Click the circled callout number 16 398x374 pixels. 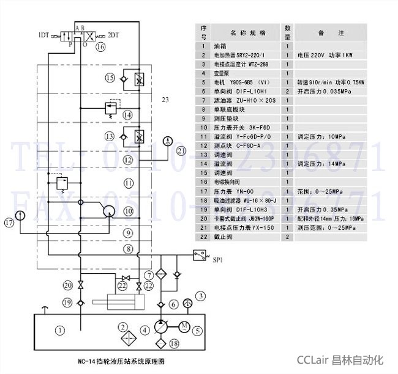click(100, 46)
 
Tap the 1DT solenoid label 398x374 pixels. click(43, 34)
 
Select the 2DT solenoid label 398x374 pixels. click(115, 34)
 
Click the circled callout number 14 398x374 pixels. click(127, 114)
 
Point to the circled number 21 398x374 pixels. click(180, 151)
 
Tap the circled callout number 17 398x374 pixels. click(9, 222)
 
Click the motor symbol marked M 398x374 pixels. click(182, 325)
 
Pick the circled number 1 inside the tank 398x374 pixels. click(59, 331)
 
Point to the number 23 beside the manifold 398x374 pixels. click(165, 99)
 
